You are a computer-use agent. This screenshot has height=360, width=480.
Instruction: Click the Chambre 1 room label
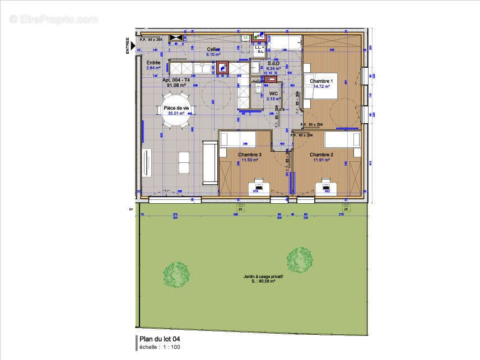[x=321, y=81]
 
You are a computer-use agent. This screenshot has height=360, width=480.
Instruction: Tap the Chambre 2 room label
[x=321, y=155]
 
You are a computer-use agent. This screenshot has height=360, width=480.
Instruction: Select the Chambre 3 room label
[x=249, y=155]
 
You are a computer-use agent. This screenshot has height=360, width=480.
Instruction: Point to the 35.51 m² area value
[x=176, y=113]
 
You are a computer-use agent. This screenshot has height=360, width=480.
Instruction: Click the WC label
[x=273, y=93]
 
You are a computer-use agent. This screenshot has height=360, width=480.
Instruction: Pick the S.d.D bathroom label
[x=273, y=63]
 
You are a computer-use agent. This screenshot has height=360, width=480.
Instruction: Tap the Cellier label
[x=213, y=49]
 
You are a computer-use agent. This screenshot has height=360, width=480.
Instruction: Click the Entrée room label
[x=153, y=63]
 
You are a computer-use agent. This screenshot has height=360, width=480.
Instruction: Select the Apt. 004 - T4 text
[x=176, y=80]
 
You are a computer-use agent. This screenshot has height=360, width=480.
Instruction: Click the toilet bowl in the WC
[x=258, y=90]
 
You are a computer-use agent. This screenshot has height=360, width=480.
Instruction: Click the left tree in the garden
[x=176, y=274]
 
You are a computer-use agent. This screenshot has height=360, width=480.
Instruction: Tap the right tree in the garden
[x=300, y=259]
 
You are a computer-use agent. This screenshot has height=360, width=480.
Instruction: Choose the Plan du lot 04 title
[x=160, y=339]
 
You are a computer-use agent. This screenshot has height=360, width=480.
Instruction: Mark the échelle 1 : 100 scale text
[x=160, y=347]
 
